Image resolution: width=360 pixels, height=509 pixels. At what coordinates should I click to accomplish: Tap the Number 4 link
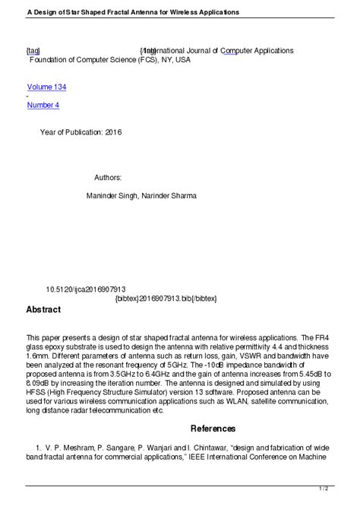pos(43,105)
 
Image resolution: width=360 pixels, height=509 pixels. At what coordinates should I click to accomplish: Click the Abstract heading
pos(43,310)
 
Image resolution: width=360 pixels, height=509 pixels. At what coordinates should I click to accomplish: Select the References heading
pos(213,428)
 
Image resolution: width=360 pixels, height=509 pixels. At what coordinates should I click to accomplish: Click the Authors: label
pos(108,177)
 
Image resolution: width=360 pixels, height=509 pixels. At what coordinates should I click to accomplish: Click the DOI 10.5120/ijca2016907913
pos(86,289)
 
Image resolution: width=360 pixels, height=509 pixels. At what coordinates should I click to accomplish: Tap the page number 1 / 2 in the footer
pos(344,488)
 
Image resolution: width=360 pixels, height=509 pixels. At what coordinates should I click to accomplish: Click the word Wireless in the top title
pos(172,12)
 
